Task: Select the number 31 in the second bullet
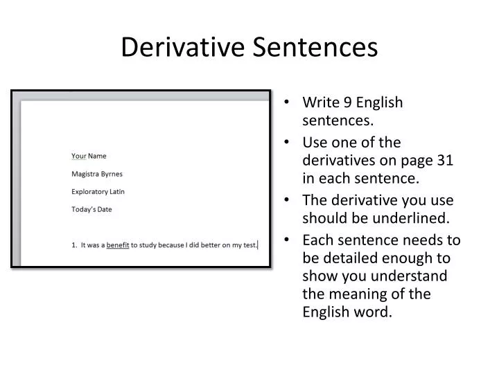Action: click(446, 160)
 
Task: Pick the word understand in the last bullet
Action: click(414, 276)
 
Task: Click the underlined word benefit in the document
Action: click(118, 244)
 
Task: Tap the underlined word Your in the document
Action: click(78, 156)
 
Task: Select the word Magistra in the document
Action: click(85, 173)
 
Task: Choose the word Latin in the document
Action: click(118, 191)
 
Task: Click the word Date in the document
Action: click(104, 208)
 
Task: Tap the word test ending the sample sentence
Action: click(249, 244)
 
